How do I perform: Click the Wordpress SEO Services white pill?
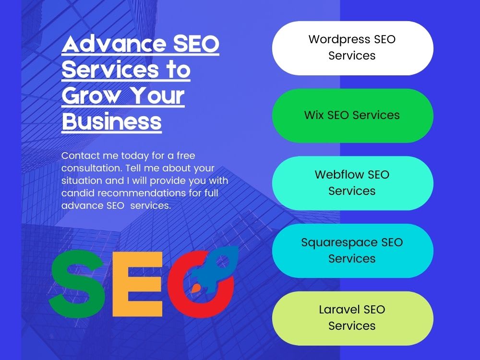pyautogui.click(x=353, y=48)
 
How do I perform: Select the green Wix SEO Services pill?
pyautogui.click(x=353, y=115)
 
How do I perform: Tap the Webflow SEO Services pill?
pyautogui.click(x=353, y=183)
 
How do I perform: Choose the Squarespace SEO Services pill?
pyautogui.click(x=353, y=251)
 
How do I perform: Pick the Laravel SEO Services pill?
pyautogui.click(x=353, y=318)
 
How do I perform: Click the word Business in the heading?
pyautogui.click(x=112, y=122)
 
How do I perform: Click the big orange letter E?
pyautogui.click(x=137, y=284)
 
